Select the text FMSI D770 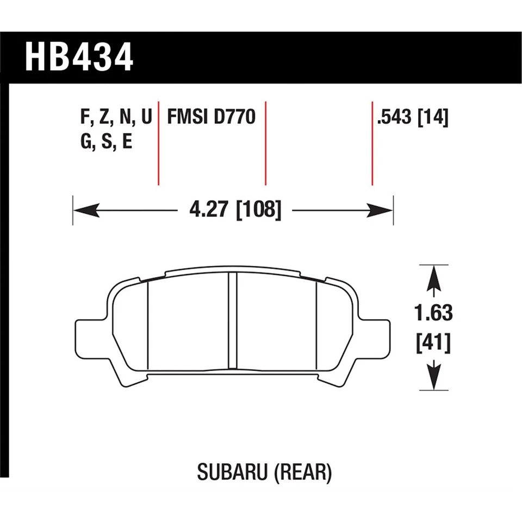pyautogui.click(x=211, y=117)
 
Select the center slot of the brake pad pyautogui.click(x=232, y=321)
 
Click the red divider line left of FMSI pyautogui.click(x=158, y=143)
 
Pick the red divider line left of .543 pyautogui.click(x=372, y=143)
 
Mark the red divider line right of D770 pyautogui.click(x=265, y=143)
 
